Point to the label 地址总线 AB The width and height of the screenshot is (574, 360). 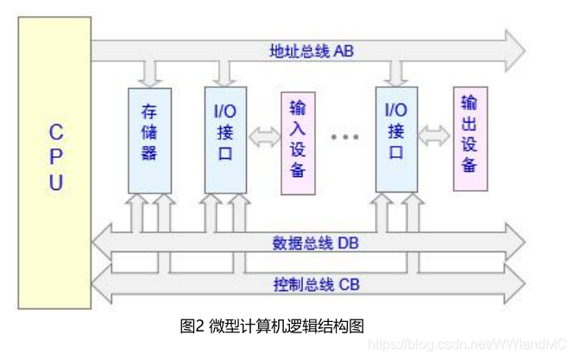pos(311,51)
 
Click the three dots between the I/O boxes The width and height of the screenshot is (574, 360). pos(344,137)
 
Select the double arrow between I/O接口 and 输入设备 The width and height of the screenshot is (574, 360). pos(263,136)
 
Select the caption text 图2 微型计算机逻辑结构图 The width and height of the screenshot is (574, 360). pos(272,325)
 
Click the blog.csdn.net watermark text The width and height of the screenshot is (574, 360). pos(466,343)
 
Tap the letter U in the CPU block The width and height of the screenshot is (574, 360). pos(56,183)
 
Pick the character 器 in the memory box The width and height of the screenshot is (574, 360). pos(148,155)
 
